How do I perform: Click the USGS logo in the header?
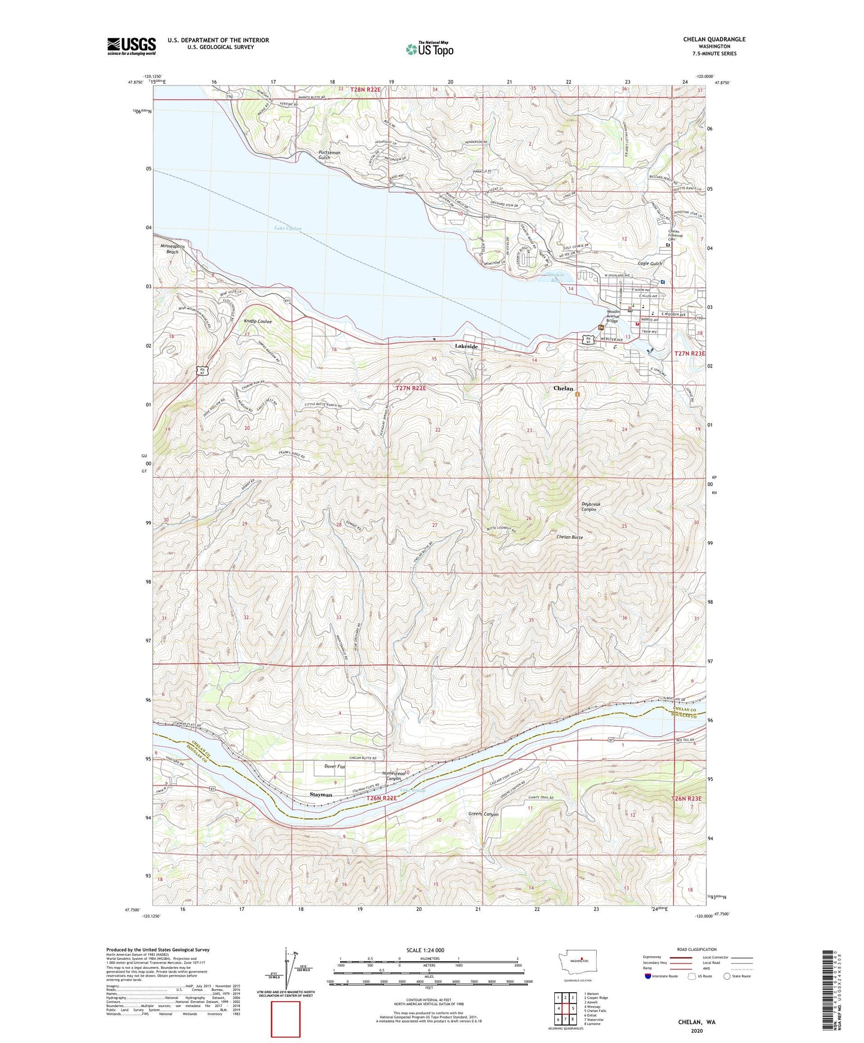131,46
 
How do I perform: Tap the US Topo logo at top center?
429,49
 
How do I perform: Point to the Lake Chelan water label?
288,229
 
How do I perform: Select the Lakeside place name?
466,346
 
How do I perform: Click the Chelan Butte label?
569,537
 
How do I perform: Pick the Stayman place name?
321,795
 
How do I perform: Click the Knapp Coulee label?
258,321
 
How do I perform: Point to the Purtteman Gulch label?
329,155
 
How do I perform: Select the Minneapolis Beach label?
173,249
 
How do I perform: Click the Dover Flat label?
335,766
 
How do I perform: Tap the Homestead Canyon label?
393,775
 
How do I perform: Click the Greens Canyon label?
483,815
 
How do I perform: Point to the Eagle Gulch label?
650,263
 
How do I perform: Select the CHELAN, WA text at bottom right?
697,1022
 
